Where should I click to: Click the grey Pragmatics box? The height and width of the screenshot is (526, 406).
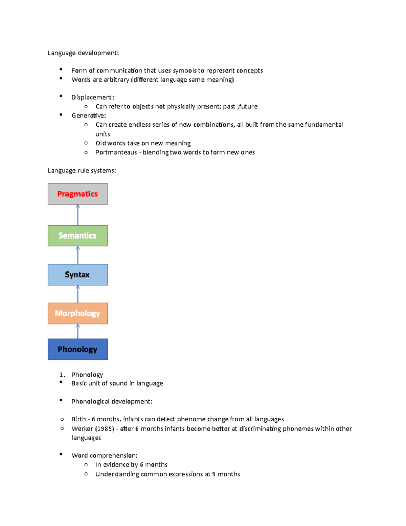coord(77,194)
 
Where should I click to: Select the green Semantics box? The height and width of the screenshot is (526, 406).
coord(77,236)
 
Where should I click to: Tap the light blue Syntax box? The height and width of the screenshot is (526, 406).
coord(77,275)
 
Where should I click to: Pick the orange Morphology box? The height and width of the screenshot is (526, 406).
coord(77,314)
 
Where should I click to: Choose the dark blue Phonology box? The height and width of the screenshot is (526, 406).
coord(77,349)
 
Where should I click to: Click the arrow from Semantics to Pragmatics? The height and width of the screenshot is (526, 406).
coord(77,215)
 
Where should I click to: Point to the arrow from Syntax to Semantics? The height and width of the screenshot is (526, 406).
coord(77,255)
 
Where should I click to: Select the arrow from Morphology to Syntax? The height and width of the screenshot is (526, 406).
coord(77,294)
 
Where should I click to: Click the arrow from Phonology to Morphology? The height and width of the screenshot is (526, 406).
coord(77,331)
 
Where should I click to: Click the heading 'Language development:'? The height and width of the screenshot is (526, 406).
coord(83,53)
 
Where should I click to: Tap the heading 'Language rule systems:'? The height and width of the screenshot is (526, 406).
coord(82,171)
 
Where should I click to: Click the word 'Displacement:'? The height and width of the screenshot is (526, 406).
coord(93,97)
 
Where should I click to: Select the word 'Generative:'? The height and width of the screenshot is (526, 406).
coord(89,115)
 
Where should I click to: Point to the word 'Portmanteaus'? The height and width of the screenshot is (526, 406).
coord(116,152)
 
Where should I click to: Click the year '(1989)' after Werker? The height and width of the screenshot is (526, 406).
coord(105,429)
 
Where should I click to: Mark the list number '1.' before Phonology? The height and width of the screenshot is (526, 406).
coord(62,375)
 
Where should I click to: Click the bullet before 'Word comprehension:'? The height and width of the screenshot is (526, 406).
coord(61,454)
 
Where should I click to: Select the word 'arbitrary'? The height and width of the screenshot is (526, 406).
coord(116,80)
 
